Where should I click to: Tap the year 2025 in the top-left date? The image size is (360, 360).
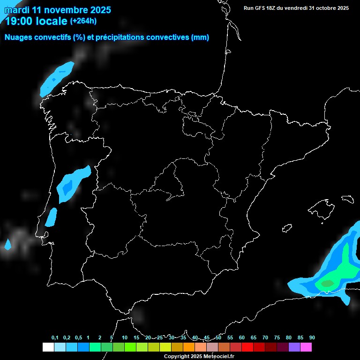point(99,9)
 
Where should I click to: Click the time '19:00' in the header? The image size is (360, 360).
point(19,21)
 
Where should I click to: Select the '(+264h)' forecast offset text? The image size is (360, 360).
point(83,21)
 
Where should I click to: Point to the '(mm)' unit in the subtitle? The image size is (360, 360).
point(200,37)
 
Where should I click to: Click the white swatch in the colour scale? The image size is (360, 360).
point(48,347)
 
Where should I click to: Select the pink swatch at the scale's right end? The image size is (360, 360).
point(306,347)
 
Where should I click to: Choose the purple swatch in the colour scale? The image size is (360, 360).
point(294,347)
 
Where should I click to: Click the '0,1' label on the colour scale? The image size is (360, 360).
point(55,337)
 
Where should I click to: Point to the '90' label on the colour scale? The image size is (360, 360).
point(312,337)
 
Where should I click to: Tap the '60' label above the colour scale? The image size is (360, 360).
point(241,337)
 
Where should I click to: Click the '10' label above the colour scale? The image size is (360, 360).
point(124,337)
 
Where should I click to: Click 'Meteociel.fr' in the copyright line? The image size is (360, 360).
point(217,356)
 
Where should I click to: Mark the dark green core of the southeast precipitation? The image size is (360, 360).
point(327,283)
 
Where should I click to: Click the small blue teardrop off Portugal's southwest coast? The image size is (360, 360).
point(7,244)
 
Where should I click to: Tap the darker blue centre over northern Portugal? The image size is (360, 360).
point(67,187)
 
